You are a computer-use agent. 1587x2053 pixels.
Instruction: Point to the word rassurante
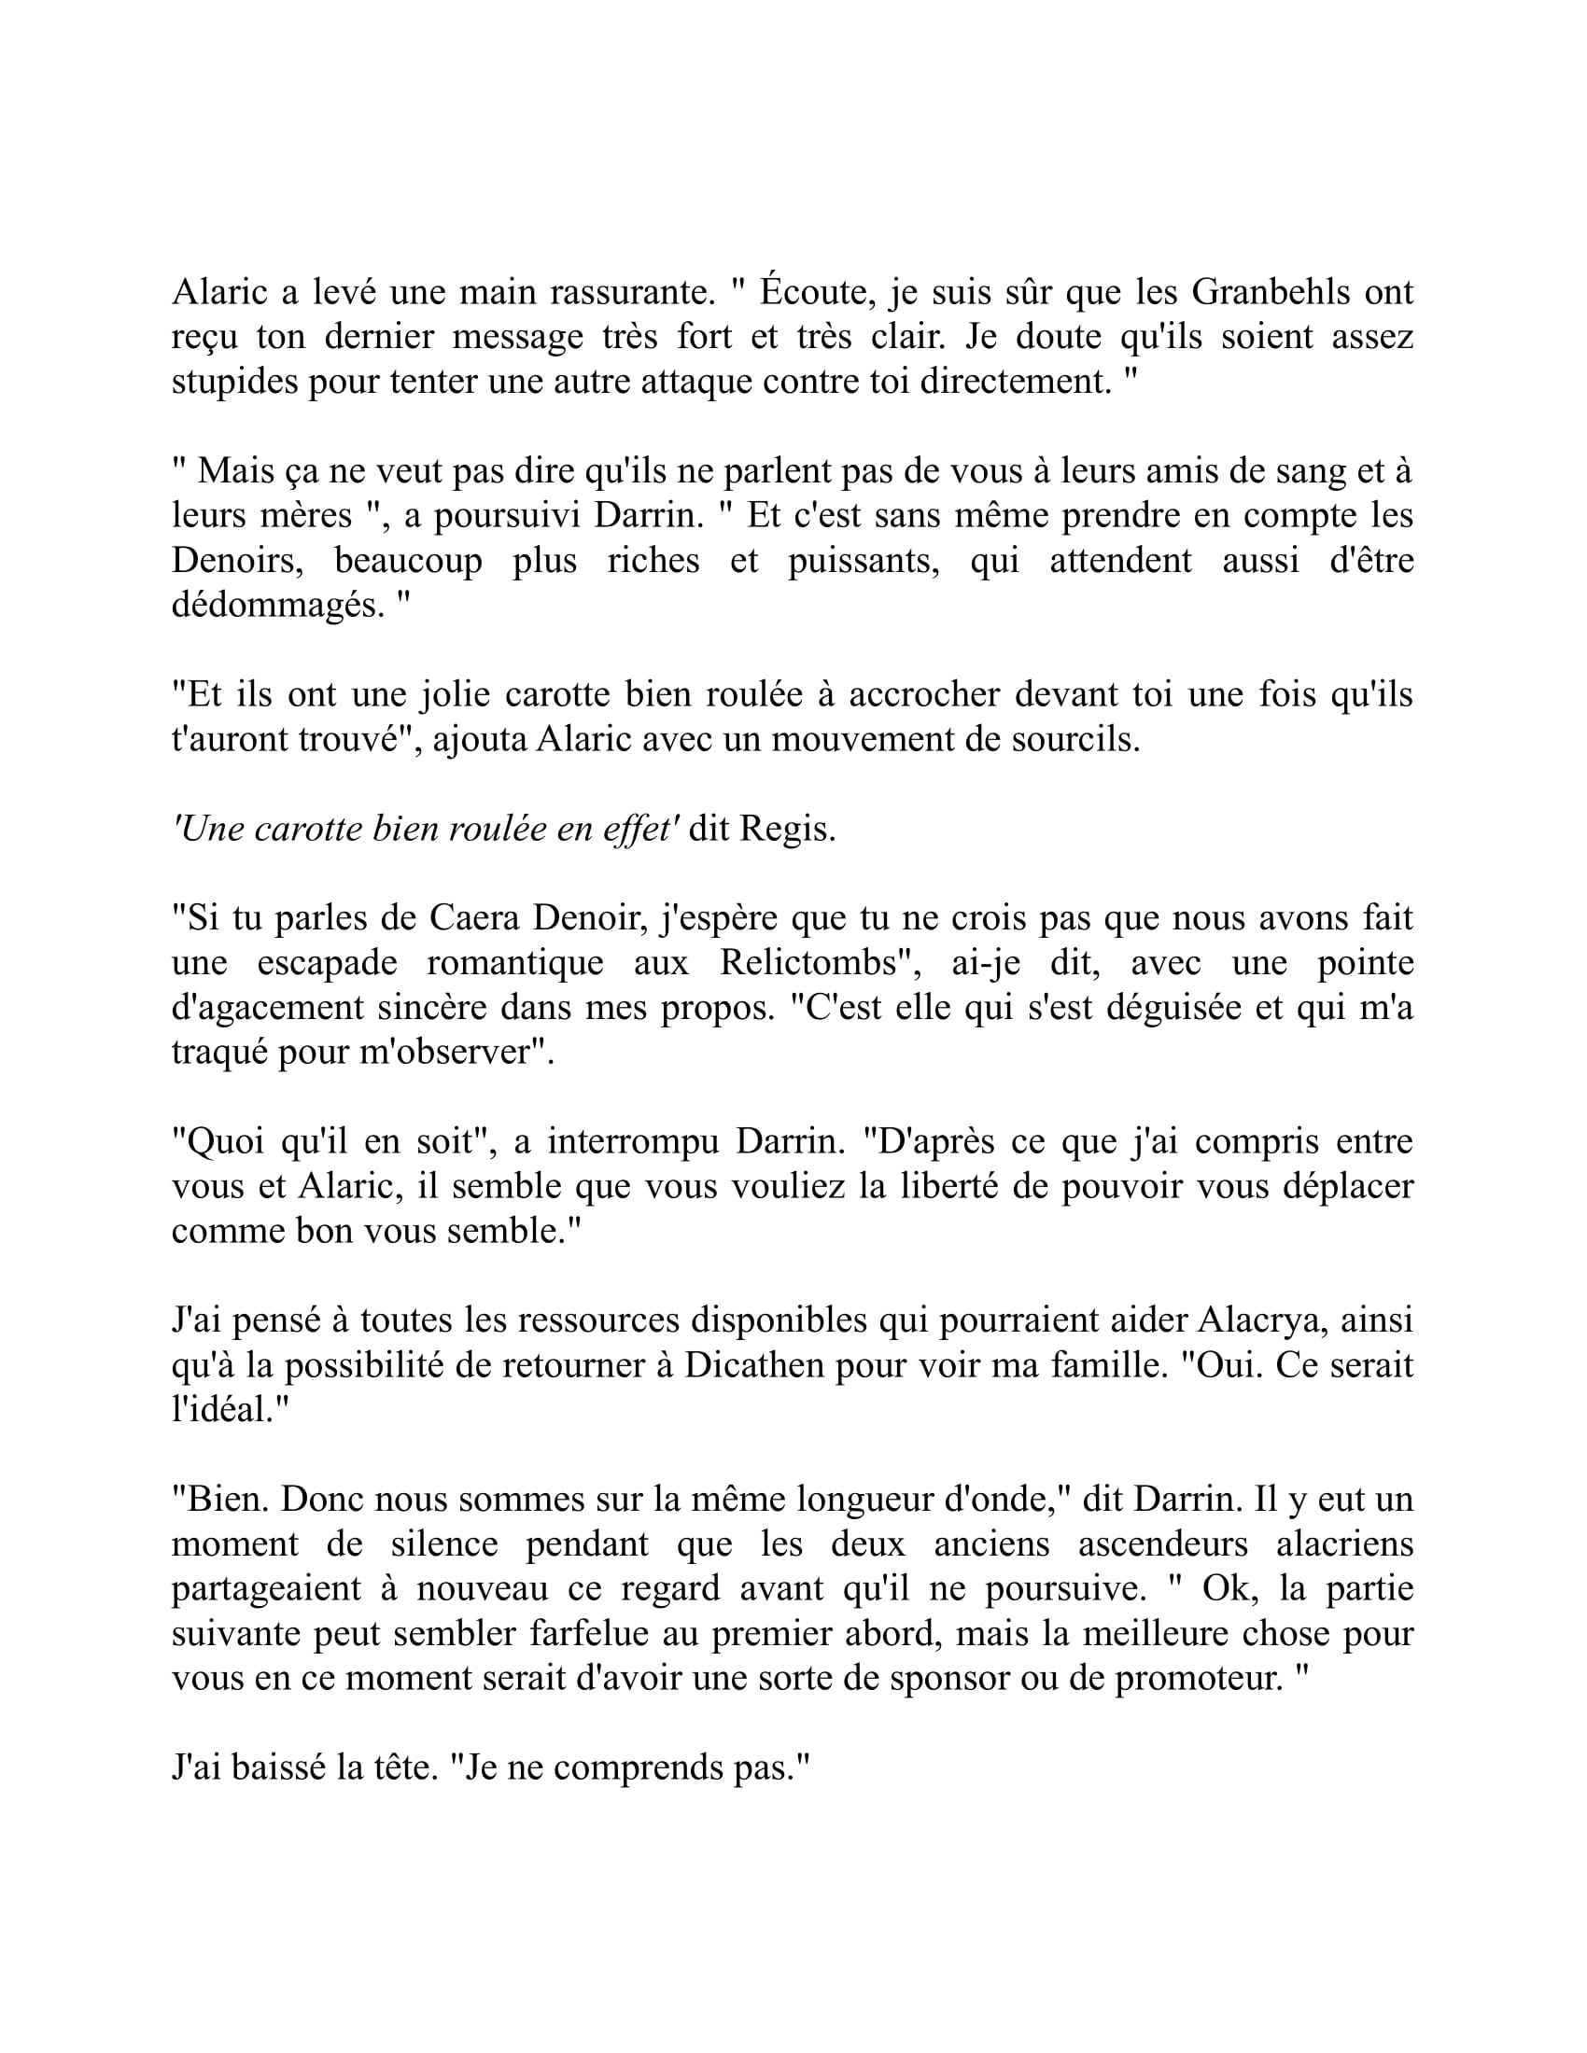(x=628, y=293)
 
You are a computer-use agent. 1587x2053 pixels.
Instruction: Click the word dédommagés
(x=278, y=606)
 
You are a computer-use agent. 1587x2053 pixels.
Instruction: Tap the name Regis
(x=786, y=829)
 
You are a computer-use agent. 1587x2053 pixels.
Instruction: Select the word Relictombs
(x=807, y=963)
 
